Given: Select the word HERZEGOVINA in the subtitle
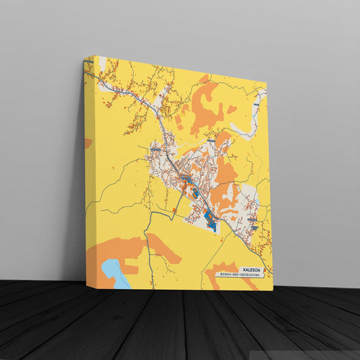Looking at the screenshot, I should click(249, 275).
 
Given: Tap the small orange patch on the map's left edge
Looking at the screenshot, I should click(88, 143).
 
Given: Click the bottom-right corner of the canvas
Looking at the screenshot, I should click(273, 290).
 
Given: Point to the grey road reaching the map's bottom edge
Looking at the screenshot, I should click(153, 280).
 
